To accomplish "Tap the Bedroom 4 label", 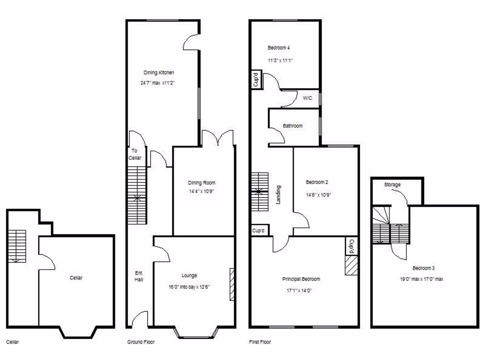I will click(x=278, y=48).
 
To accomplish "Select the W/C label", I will click(x=307, y=98).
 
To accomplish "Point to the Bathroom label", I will click(x=292, y=126).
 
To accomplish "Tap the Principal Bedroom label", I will click(x=301, y=279).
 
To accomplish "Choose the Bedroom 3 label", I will click(x=423, y=268).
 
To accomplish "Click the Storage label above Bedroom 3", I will click(x=392, y=185).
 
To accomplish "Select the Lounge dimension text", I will click(x=189, y=287).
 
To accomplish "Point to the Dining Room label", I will click(x=201, y=183).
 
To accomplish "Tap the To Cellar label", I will click(x=135, y=154).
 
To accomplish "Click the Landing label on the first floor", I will click(x=278, y=195).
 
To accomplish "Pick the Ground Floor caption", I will click(x=141, y=342).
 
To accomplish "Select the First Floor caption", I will click(x=260, y=342).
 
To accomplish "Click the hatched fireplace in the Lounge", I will click(x=232, y=284).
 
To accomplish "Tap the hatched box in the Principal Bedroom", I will click(x=351, y=265).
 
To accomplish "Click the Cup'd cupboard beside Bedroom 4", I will click(x=256, y=80).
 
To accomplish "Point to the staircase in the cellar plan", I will click(x=16, y=246).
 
